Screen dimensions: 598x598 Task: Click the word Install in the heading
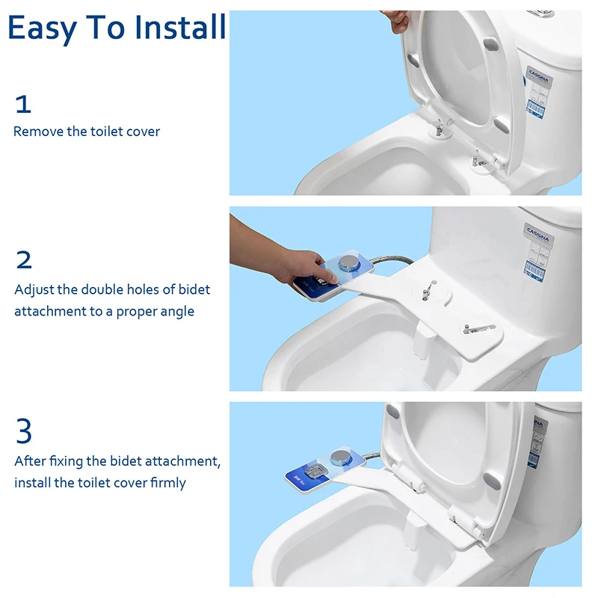(180, 27)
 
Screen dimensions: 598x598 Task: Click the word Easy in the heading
(43, 29)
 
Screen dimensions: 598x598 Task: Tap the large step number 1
(23, 104)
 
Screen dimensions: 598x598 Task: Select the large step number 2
(24, 259)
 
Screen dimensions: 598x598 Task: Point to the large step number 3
(24, 431)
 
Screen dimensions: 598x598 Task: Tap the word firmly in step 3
(167, 483)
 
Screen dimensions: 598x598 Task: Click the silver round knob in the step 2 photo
(349, 263)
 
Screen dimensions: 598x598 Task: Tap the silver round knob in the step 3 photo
(341, 457)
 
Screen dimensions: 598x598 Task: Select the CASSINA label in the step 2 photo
(538, 234)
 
